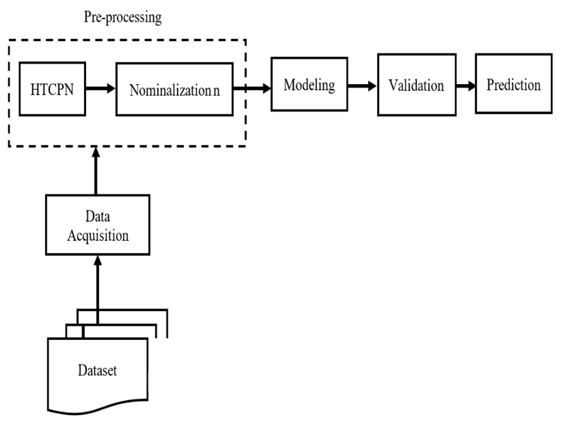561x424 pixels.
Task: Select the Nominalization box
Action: coord(175,89)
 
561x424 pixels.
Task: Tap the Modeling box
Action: coord(309,85)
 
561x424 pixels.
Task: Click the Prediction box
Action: coord(514,86)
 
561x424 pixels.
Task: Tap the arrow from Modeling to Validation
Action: coord(361,86)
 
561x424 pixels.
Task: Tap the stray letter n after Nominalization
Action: coord(216,89)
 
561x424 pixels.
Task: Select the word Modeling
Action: coord(309,85)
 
